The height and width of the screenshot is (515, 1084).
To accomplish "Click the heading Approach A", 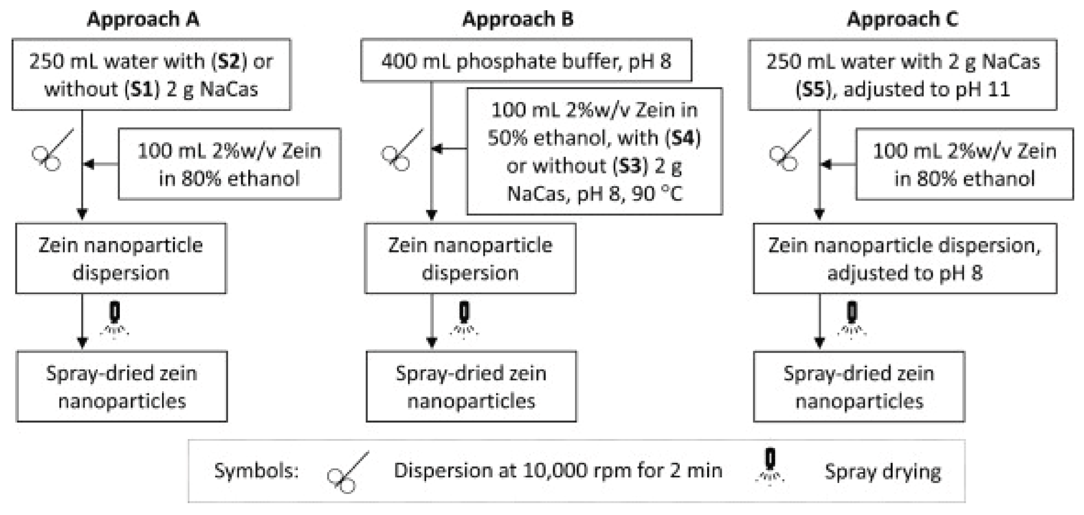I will (x=143, y=19).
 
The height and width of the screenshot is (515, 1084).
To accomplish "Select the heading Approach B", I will (x=517, y=19).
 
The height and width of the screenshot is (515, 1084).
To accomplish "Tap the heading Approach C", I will (x=902, y=19).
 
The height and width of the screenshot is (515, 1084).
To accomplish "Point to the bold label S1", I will (x=142, y=89).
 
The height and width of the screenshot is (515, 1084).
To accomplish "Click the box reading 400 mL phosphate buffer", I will (x=526, y=61).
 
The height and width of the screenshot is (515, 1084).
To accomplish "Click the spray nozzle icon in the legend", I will (x=770, y=467).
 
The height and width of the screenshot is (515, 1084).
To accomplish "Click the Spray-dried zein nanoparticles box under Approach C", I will (x=859, y=387).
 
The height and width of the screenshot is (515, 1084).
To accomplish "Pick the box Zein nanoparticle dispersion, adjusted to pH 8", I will (x=905, y=258).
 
